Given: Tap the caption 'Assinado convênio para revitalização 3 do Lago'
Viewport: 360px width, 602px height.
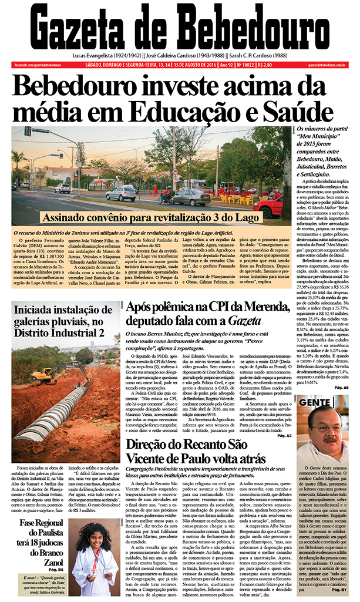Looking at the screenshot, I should click(x=151, y=218).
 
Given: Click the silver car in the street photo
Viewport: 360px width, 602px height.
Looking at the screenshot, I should click(x=121, y=193).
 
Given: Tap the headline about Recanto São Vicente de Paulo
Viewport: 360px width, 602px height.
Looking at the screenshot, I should click(x=196, y=453).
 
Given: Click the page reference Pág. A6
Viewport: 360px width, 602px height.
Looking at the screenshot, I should click(x=342, y=388).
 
